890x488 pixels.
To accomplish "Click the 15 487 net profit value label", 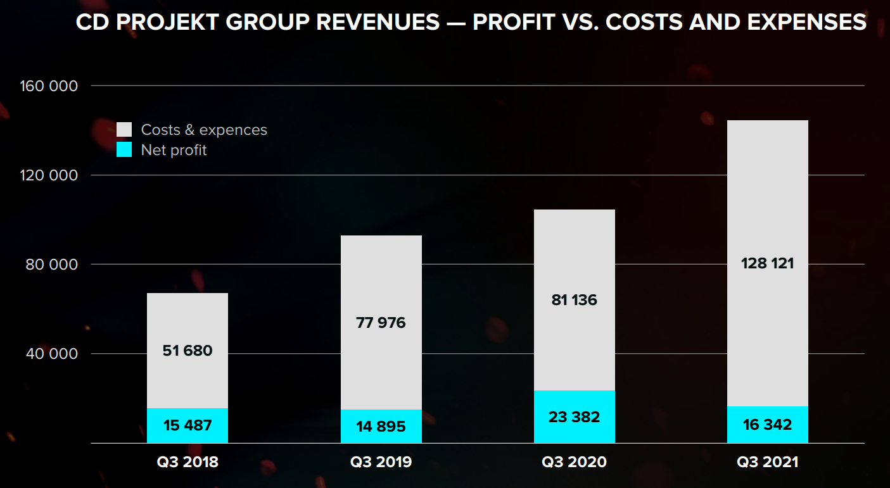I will pos(188,425).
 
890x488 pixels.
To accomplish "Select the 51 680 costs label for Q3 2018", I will pos(188,350).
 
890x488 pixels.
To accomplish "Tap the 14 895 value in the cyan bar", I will pos(381,427).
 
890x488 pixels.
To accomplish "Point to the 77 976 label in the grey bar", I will pos(381,323).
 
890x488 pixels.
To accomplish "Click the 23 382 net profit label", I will pos(574,417).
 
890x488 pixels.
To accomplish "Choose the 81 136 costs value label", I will pos(574,299).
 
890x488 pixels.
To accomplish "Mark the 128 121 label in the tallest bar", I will pos(767,263).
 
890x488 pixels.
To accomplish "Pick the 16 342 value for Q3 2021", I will pos(767,424).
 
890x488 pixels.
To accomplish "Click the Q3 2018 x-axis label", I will pos(188,462).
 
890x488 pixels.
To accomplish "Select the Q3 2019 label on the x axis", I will pos(381,462).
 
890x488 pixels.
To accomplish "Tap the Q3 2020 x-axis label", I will pos(574,462).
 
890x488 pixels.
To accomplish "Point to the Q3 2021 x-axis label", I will pos(767,462).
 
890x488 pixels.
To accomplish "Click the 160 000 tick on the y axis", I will pos(50,85).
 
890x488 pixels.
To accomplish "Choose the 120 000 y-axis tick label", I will pos(50,175).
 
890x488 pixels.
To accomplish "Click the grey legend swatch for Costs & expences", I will pos(124,130).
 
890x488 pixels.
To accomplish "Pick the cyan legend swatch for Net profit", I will pos(124,150).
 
